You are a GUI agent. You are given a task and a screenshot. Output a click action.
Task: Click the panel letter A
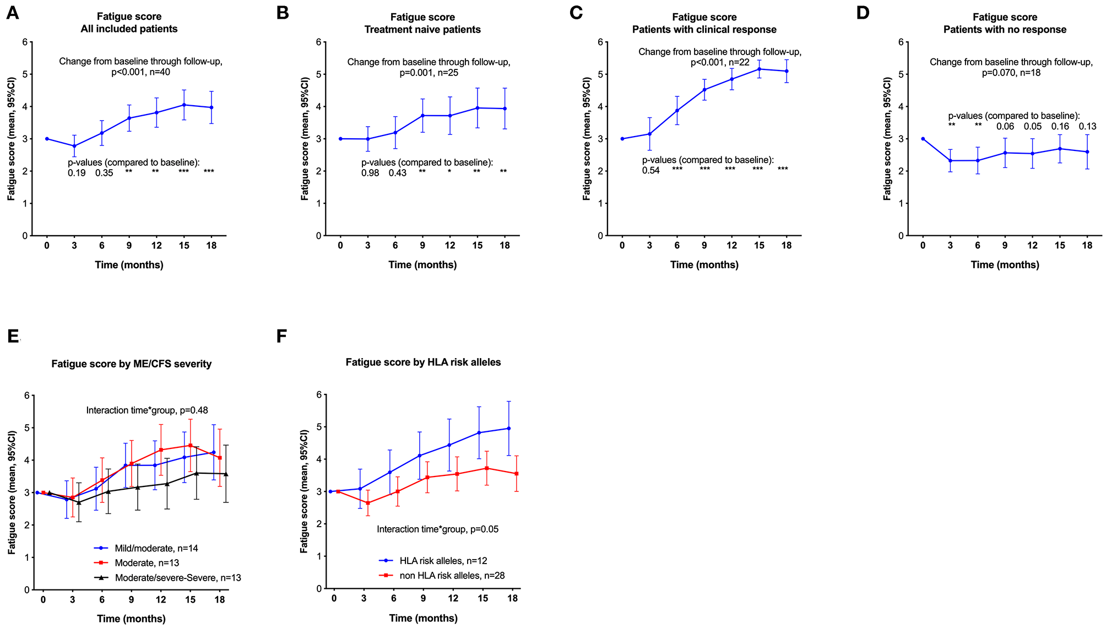tap(12, 13)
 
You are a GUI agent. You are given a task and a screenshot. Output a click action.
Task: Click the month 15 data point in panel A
tap(184, 105)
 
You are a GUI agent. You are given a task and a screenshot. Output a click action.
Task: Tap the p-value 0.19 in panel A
tap(77, 173)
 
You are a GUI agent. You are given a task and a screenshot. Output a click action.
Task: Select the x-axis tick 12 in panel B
tap(450, 246)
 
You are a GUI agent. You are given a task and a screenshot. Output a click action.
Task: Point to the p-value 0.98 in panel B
tap(370, 173)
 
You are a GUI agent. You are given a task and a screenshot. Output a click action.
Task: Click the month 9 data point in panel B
tap(422, 116)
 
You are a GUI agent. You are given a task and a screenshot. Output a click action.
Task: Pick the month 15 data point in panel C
tap(759, 69)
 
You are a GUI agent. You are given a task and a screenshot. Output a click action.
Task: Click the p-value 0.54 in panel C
tap(650, 171)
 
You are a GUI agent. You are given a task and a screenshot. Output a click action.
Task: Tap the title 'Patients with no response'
tap(1005, 30)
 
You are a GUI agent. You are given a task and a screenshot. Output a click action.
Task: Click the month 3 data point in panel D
tap(950, 160)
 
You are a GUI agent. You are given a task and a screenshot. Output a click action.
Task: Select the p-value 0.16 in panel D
tap(1060, 127)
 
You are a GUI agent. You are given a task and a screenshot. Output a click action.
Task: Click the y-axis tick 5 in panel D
tap(901, 74)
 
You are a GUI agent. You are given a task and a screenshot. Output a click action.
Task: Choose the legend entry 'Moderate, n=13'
tap(147, 563)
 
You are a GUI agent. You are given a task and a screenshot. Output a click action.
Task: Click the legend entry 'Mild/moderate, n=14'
tap(156, 548)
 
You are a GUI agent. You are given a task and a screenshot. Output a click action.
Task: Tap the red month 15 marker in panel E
tap(190, 446)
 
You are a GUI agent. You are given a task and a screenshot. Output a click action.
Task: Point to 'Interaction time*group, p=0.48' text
tap(147, 410)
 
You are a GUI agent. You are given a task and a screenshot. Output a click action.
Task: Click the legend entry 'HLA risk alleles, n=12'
tap(443, 561)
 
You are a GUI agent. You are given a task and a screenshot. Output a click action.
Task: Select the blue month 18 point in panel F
tap(508, 428)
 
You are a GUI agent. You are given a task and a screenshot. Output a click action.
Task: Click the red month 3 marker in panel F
tap(368, 503)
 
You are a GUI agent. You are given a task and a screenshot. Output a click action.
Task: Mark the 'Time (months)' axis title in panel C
tap(704, 265)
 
